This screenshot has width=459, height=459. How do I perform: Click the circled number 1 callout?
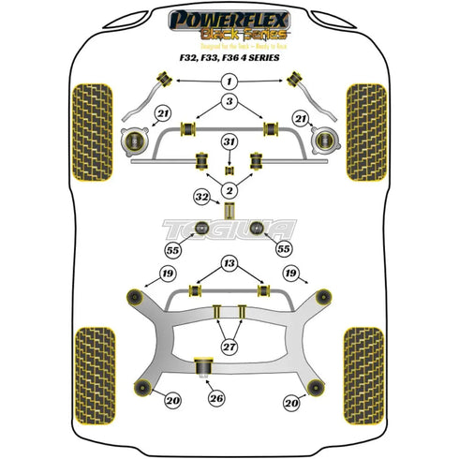tap(229, 82)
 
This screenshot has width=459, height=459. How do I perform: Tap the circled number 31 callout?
tap(229, 141)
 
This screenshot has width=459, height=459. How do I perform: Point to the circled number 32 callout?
tap(201, 198)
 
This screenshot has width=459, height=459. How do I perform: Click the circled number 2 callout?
tap(229, 190)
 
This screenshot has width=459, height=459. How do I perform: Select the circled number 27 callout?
tap(229, 346)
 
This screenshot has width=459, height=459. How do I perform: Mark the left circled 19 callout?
tap(168, 274)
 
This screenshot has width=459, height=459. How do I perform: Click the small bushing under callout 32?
tap(229, 209)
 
